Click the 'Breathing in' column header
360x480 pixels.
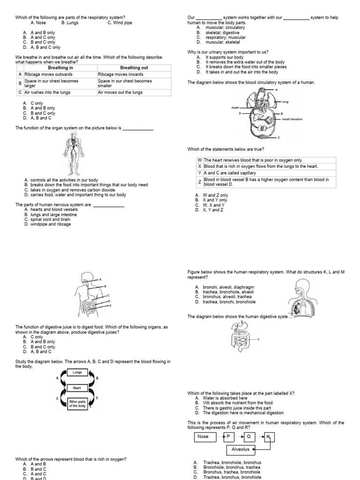click(60, 68)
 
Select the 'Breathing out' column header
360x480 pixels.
click(134, 68)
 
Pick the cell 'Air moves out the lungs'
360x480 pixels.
click(120, 92)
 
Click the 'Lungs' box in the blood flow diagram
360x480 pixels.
click(77, 372)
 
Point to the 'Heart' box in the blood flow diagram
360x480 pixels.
click(77, 388)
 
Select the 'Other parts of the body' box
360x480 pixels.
click(77, 404)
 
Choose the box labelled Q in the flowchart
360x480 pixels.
click(249, 436)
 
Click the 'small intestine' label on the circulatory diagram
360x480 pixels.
click(292, 119)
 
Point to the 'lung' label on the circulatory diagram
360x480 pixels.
click(285, 101)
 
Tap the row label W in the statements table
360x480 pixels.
click(200, 160)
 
